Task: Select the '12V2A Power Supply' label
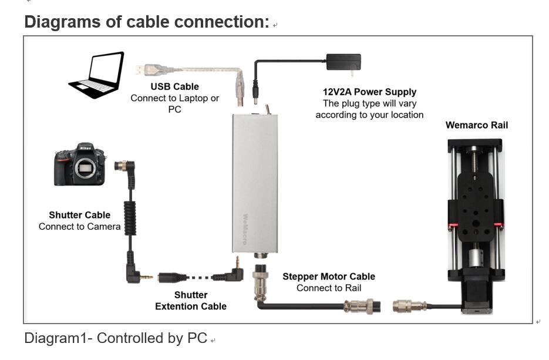[369, 92]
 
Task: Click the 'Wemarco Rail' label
[476, 125]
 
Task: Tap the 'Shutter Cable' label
[79, 215]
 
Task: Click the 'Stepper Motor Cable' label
[328, 277]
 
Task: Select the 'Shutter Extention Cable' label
[191, 301]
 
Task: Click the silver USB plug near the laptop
[146, 69]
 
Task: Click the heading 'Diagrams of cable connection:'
[147, 22]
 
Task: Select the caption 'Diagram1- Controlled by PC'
[116, 338]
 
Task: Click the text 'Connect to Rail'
[328, 288]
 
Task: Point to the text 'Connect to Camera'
[79, 227]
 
